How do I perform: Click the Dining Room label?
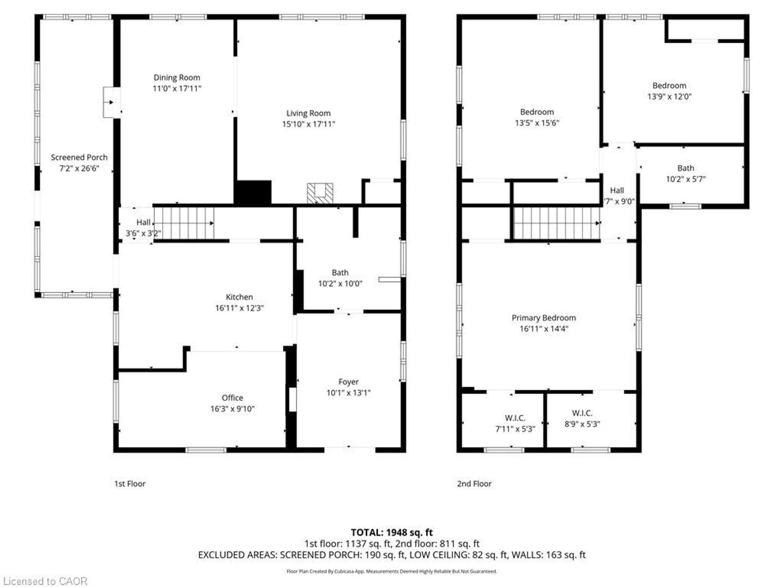point(177,77)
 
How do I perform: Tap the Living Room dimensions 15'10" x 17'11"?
point(308,124)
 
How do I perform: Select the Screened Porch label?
point(79,157)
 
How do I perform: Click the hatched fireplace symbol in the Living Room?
point(320,193)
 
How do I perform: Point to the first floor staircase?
point(184,223)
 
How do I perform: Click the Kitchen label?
point(239,297)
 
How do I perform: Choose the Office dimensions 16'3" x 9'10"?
point(232,409)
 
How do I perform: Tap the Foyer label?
point(348,382)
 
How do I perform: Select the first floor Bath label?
point(340,273)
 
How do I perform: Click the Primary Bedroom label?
point(544,318)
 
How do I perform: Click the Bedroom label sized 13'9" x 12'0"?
point(669,86)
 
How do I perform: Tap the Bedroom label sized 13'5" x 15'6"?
point(537,112)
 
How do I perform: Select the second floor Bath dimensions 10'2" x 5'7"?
point(686,179)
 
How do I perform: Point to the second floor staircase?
point(556,223)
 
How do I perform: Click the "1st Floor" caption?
point(130,484)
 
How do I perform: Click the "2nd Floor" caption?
point(474,484)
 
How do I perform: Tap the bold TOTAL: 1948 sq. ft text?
point(391,532)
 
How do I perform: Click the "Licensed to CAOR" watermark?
point(45,581)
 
